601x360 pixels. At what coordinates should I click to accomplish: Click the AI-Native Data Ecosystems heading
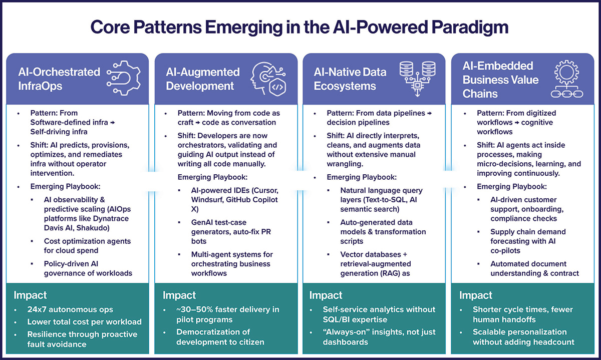[x=350, y=79]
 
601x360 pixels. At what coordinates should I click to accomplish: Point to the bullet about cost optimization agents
[x=87, y=245]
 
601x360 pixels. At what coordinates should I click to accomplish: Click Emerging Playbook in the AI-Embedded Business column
[x=511, y=186]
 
